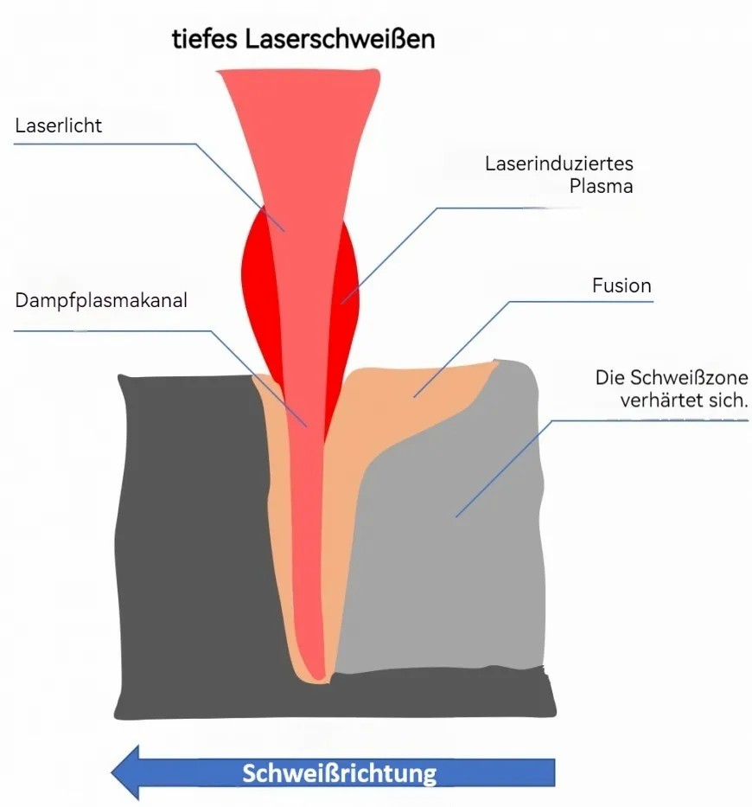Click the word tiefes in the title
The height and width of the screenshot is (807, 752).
[205, 39]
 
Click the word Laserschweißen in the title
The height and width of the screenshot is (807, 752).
[340, 39]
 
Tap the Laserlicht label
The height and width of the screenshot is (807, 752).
[59, 125]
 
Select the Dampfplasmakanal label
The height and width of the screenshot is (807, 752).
[101, 300]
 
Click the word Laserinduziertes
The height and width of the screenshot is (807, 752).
[559, 163]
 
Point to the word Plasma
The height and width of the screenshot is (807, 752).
[601, 186]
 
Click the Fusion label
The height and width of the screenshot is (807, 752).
[621, 285]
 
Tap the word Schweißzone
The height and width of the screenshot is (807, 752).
[689, 378]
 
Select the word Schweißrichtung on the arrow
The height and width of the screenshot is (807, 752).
[340, 773]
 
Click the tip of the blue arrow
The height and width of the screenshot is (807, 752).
[112, 772]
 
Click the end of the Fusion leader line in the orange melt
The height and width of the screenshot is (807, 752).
[415, 397]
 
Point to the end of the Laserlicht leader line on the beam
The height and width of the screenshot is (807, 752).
[284, 231]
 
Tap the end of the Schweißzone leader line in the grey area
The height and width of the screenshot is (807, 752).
[456, 516]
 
